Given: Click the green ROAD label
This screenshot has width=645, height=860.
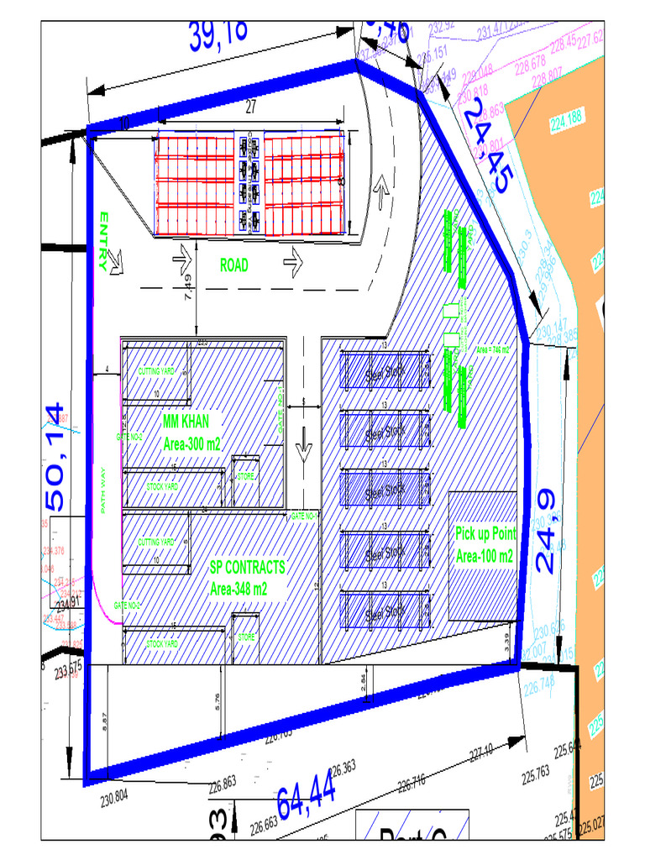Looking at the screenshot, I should point(234,265).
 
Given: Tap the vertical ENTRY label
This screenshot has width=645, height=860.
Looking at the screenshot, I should point(104,241).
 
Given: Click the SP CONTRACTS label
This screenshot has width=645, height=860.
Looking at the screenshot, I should point(248,567).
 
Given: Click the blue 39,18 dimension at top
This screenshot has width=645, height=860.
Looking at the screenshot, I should point(218,34).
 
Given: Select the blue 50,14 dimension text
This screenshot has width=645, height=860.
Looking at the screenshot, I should point(55,457).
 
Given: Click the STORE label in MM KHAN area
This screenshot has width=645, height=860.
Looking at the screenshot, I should point(245,477).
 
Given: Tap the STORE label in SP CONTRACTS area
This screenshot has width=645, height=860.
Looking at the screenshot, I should point(245,637).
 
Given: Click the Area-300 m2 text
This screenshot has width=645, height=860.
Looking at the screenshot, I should point(191,444).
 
